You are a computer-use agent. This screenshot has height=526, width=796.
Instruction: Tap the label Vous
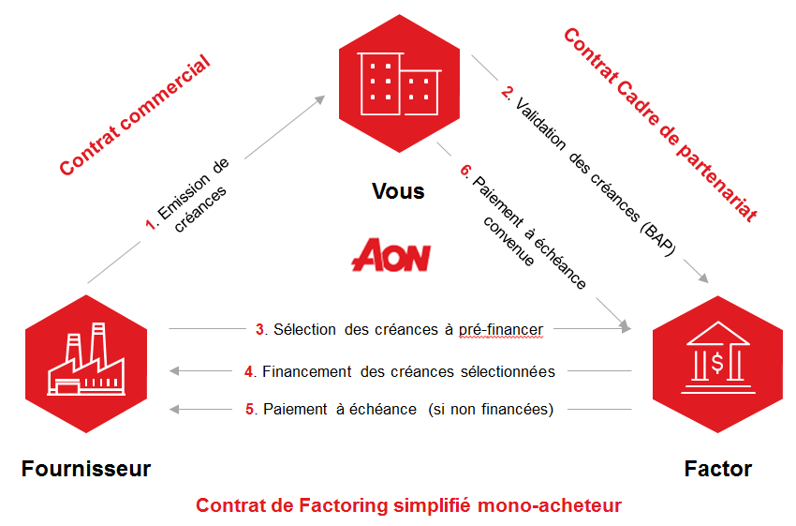[x=398, y=191]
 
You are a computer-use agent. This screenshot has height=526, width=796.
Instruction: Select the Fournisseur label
[x=86, y=468]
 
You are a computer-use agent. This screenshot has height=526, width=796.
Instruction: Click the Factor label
[x=717, y=468]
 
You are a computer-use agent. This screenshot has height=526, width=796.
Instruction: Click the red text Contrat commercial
[x=134, y=116]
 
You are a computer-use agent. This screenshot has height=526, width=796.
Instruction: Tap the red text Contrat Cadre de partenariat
[x=659, y=123]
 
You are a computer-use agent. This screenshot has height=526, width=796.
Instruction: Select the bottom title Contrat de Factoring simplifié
[x=408, y=505]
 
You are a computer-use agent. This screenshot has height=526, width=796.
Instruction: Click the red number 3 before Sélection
[x=259, y=329]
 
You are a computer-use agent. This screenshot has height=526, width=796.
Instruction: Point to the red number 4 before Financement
[x=249, y=371]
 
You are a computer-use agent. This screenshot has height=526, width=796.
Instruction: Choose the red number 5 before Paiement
[x=250, y=409]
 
